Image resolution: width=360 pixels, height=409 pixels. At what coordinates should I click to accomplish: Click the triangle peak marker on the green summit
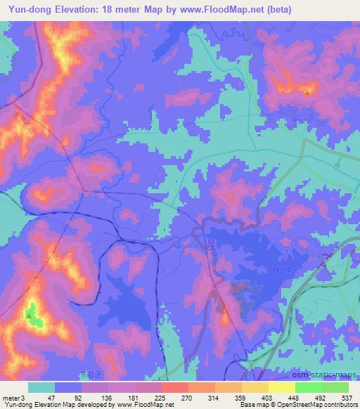29,315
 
